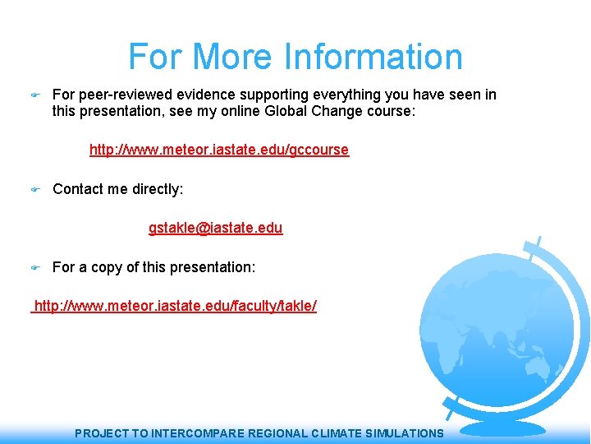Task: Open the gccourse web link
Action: [x=218, y=150]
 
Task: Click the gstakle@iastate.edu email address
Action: [x=215, y=228]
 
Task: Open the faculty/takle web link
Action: [x=175, y=306]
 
